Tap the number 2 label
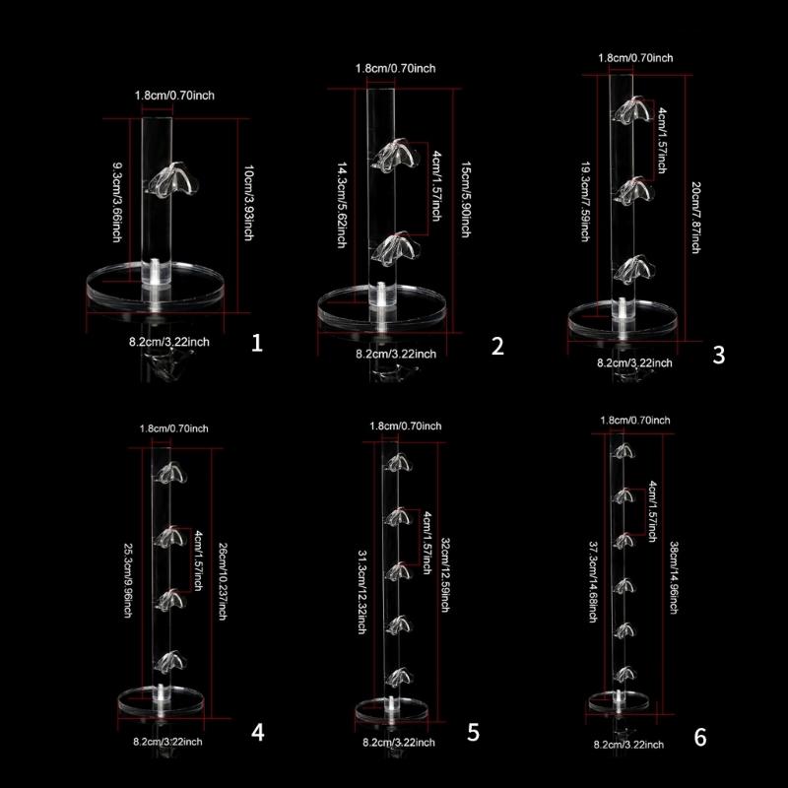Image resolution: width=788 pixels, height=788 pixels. pos(496,345)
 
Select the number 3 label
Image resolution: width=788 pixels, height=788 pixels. pos(718,355)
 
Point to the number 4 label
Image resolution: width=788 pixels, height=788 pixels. pos(257,731)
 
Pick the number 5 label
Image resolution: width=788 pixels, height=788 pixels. pos(473,731)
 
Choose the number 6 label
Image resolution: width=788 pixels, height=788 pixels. pos(700,737)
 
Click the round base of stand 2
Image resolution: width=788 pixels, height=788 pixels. pos(383,306)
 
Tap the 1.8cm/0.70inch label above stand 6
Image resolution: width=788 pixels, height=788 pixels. pos(634,421)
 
